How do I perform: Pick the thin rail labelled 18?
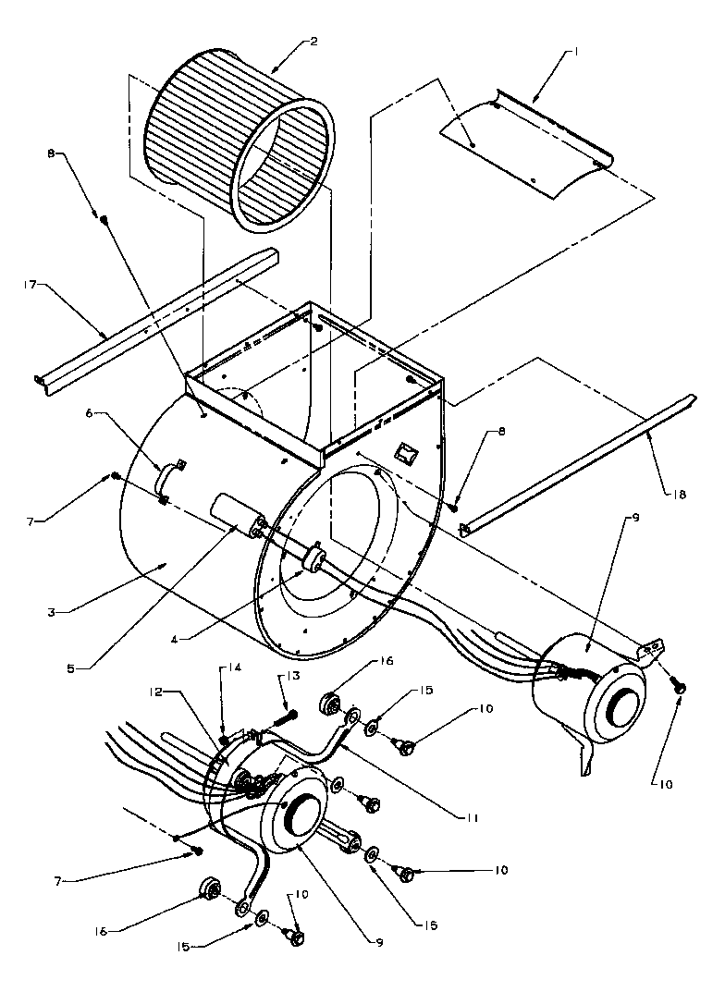pyautogui.click(x=583, y=462)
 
